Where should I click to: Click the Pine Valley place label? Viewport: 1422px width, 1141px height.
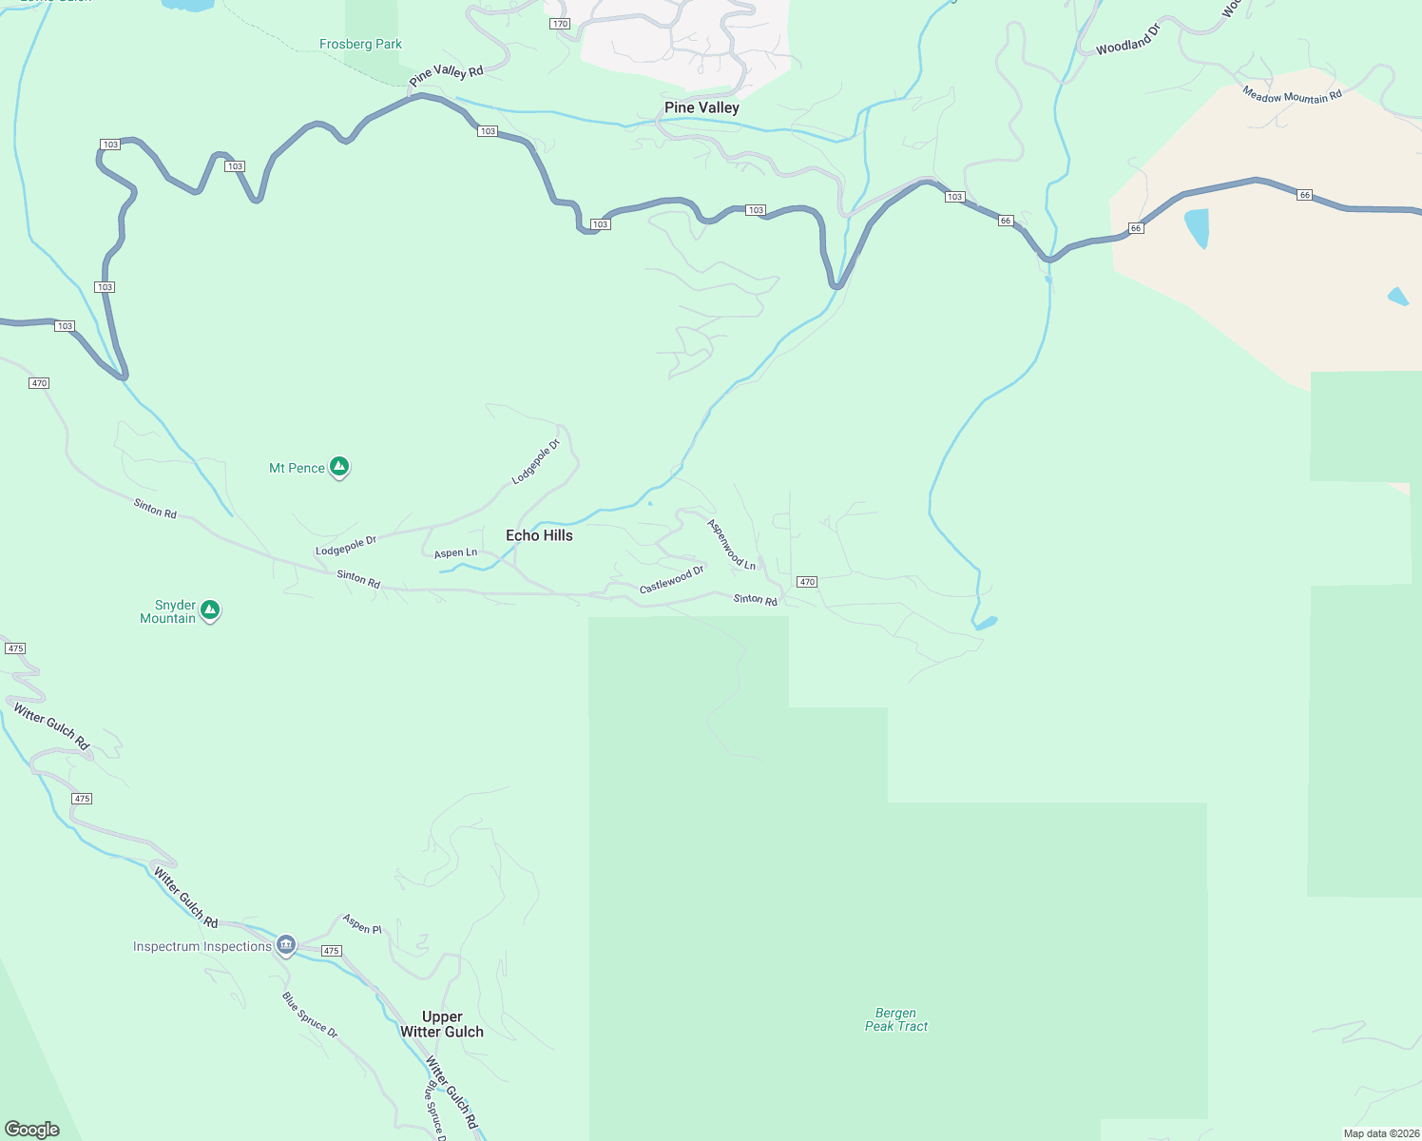click(701, 107)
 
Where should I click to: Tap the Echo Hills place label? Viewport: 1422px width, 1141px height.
click(539, 535)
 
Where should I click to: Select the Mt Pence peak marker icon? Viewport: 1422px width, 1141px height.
click(339, 467)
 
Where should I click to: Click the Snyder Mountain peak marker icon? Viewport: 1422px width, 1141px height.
click(210, 610)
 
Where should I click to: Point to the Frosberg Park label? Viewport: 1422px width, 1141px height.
click(360, 44)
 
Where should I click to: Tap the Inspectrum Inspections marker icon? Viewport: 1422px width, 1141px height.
click(286, 945)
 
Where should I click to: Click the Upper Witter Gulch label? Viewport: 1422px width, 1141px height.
click(442, 1024)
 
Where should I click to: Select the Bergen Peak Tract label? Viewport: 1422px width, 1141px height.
click(896, 1019)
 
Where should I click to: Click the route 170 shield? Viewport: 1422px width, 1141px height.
click(560, 24)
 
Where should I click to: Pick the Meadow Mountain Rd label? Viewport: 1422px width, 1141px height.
click(1292, 95)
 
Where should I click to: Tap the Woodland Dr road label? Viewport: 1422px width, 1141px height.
click(1128, 40)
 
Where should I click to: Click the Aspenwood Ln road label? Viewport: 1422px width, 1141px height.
click(731, 545)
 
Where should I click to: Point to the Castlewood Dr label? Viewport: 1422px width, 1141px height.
click(671, 579)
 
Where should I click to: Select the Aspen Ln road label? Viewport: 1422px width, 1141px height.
click(455, 552)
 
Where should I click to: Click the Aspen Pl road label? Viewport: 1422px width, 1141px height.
click(362, 923)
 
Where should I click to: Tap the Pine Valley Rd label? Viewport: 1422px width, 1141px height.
click(446, 75)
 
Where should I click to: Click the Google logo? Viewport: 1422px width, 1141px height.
click(31, 1130)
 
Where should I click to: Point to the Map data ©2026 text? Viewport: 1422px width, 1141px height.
click(1380, 1133)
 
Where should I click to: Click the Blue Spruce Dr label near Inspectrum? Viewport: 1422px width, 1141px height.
click(310, 1015)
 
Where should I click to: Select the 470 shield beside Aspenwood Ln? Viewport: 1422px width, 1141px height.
click(807, 582)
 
